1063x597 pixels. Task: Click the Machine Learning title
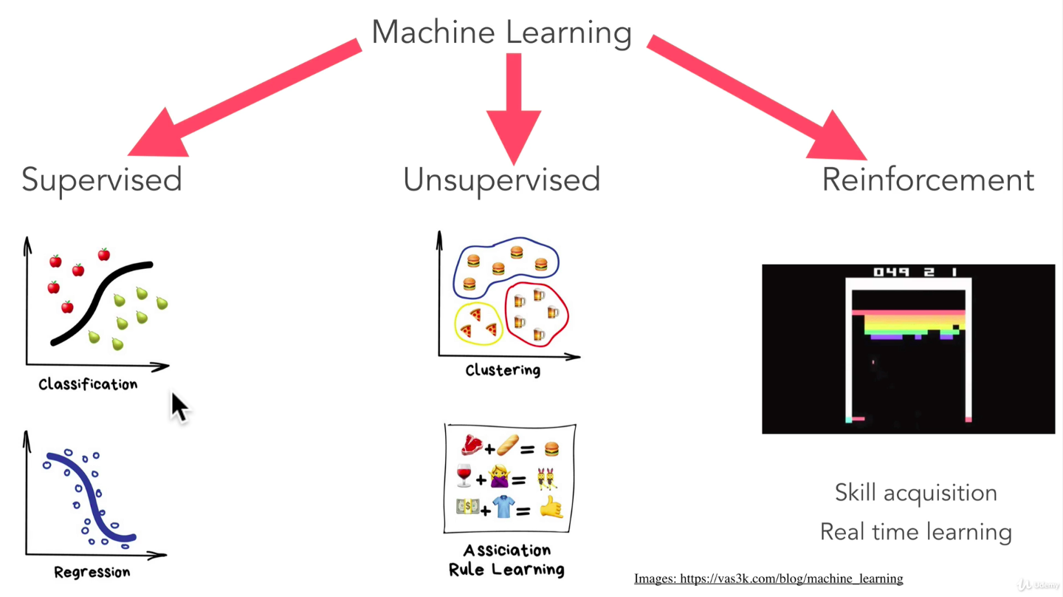click(501, 33)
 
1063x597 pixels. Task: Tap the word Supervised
click(102, 180)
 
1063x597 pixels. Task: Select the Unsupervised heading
click(501, 180)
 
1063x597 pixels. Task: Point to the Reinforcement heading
click(928, 180)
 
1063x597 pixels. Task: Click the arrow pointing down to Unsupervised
click(514, 103)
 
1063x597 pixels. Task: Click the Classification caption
click(88, 384)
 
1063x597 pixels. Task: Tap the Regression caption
click(92, 572)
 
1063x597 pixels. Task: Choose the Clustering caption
click(503, 370)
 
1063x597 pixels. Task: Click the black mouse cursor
click(179, 407)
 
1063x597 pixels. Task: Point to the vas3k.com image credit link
click(768, 579)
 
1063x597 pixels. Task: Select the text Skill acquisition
click(915, 493)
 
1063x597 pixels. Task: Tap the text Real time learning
click(915, 532)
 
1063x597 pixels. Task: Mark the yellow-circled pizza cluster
click(478, 324)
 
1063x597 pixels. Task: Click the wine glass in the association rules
click(464, 476)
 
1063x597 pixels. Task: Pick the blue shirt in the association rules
click(503, 507)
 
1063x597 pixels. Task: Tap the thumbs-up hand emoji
click(551, 508)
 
